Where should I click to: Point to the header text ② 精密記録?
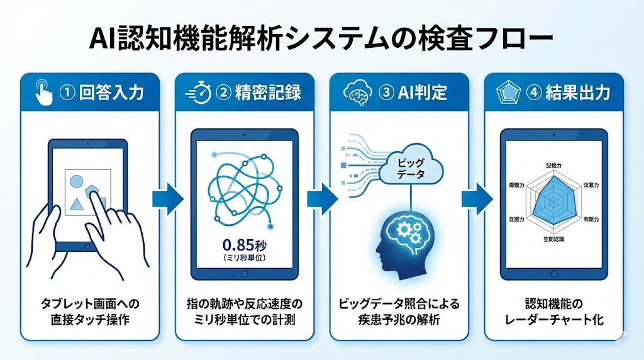tap(258, 93)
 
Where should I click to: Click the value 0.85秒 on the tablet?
tap(243, 245)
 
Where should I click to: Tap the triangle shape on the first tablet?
tap(78, 203)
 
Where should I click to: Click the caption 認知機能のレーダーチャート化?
tap(554, 312)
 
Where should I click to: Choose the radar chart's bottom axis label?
tap(555, 240)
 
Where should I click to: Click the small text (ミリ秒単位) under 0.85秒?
tap(243, 259)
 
